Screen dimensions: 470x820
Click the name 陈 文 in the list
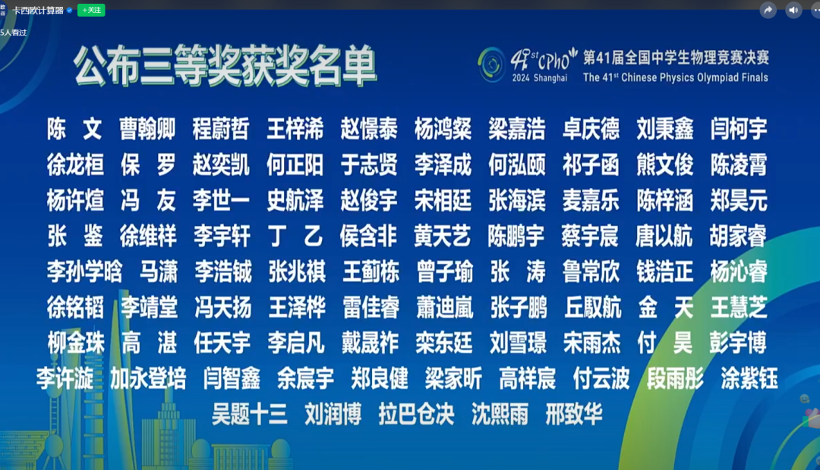pyautogui.click(x=74, y=130)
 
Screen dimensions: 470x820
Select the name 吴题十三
pyautogui.click(x=250, y=414)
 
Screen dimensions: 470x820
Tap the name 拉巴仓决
pyautogui.click(x=417, y=414)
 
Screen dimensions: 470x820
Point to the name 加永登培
pyautogui.click(x=148, y=378)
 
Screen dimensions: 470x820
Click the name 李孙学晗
pyautogui.click(x=84, y=271)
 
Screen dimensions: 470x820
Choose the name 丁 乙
pyautogui.click(x=295, y=236)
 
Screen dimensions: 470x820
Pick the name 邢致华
pyautogui.click(x=574, y=414)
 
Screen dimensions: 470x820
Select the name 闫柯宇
pyautogui.click(x=739, y=130)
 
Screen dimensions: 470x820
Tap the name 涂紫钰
pyautogui.click(x=749, y=378)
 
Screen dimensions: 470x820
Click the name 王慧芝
pyautogui.click(x=739, y=307)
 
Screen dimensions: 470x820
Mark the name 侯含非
pyautogui.click(x=368, y=236)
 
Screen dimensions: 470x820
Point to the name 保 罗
pyautogui.click(x=148, y=164)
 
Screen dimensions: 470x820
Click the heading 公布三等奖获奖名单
pyautogui.click(x=225, y=67)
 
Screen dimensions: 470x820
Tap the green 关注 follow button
pyautogui.click(x=91, y=10)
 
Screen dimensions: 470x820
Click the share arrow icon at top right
pyautogui.click(x=768, y=10)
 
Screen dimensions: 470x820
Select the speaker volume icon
pyautogui.click(x=793, y=10)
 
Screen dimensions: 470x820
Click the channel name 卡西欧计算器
pyautogui.click(x=38, y=10)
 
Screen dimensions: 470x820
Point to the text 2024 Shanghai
pyautogui.click(x=539, y=78)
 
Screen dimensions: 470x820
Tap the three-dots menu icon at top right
pyautogui.click(x=816, y=10)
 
